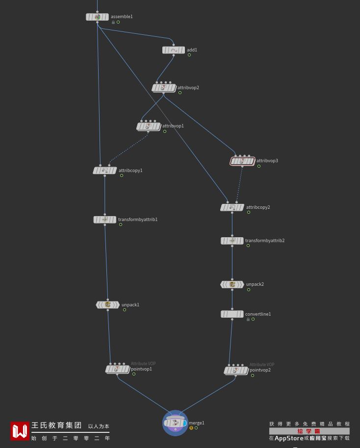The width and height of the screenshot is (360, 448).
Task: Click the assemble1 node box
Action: coord(97,17)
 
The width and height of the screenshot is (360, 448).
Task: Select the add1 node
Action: coord(174,50)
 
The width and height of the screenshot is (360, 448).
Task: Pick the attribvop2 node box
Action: coord(164,88)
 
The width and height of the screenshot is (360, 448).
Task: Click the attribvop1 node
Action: coord(149,126)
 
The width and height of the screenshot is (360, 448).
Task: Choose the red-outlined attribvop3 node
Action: coord(242,161)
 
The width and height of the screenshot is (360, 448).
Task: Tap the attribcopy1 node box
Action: coord(104,171)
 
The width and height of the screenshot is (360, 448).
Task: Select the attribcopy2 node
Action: coord(232,207)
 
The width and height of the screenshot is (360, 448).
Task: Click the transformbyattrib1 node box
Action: coord(104,220)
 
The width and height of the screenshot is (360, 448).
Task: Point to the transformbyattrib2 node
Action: coord(232,241)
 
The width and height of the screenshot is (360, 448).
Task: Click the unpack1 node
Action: coord(107,305)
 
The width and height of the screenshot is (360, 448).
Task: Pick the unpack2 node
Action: coord(232,284)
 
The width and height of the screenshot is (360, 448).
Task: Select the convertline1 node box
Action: coord(232,314)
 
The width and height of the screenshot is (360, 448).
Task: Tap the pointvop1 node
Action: coord(118,369)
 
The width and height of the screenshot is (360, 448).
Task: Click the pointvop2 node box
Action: coord(236,370)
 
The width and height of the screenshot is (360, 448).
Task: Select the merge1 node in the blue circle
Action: coord(175,423)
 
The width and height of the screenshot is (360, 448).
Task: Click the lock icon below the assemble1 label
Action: coord(113,22)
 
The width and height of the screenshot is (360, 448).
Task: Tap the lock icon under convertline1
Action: coord(248,319)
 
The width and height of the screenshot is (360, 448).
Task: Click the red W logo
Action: coord(20,431)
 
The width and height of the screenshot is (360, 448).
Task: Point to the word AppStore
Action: coord(289,438)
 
